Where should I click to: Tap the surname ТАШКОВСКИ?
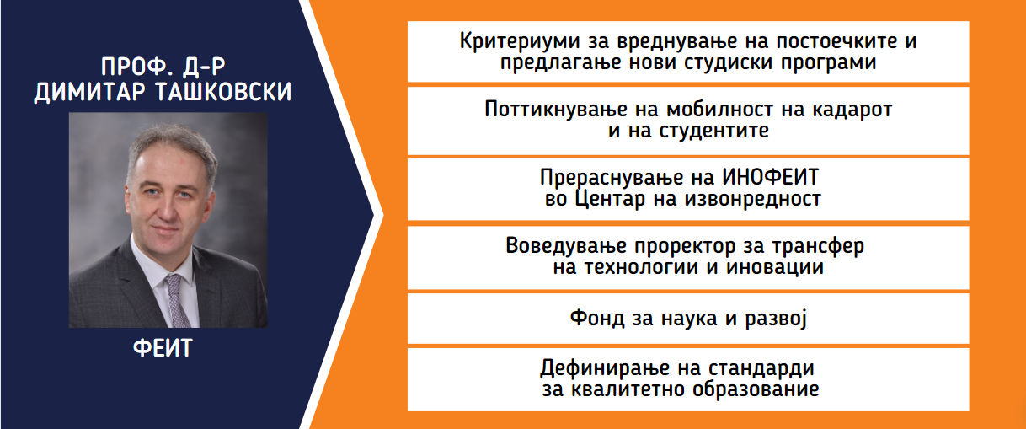tap(223, 92)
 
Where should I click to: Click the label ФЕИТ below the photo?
tap(163, 348)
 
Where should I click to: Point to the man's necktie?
tap(178, 300)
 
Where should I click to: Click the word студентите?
tap(714, 131)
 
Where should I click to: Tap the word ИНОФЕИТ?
tap(771, 177)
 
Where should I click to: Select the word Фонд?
tap(597, 318)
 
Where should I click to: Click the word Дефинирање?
tap(606, 368)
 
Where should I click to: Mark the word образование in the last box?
tap(756, 389)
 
